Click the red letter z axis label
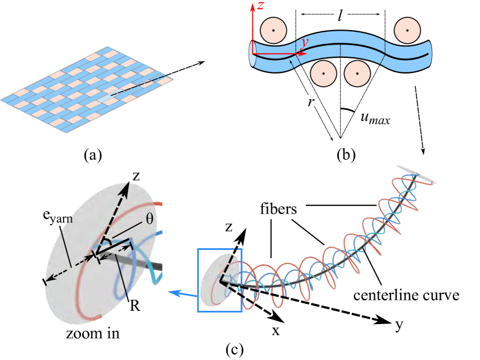[x=261, y=6]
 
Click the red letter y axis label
[x=305, y=42]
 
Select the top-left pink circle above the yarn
[x=274, y=30]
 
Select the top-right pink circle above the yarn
[x=407, y=30]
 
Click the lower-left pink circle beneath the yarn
[x=323, y=74]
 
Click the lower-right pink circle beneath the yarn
[x=357, y=74]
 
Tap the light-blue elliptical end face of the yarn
[x=253, y=54]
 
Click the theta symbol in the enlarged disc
[x=150, y=219]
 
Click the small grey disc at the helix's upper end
[x=416, y=174]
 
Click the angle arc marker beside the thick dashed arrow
[x=106, y=243]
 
